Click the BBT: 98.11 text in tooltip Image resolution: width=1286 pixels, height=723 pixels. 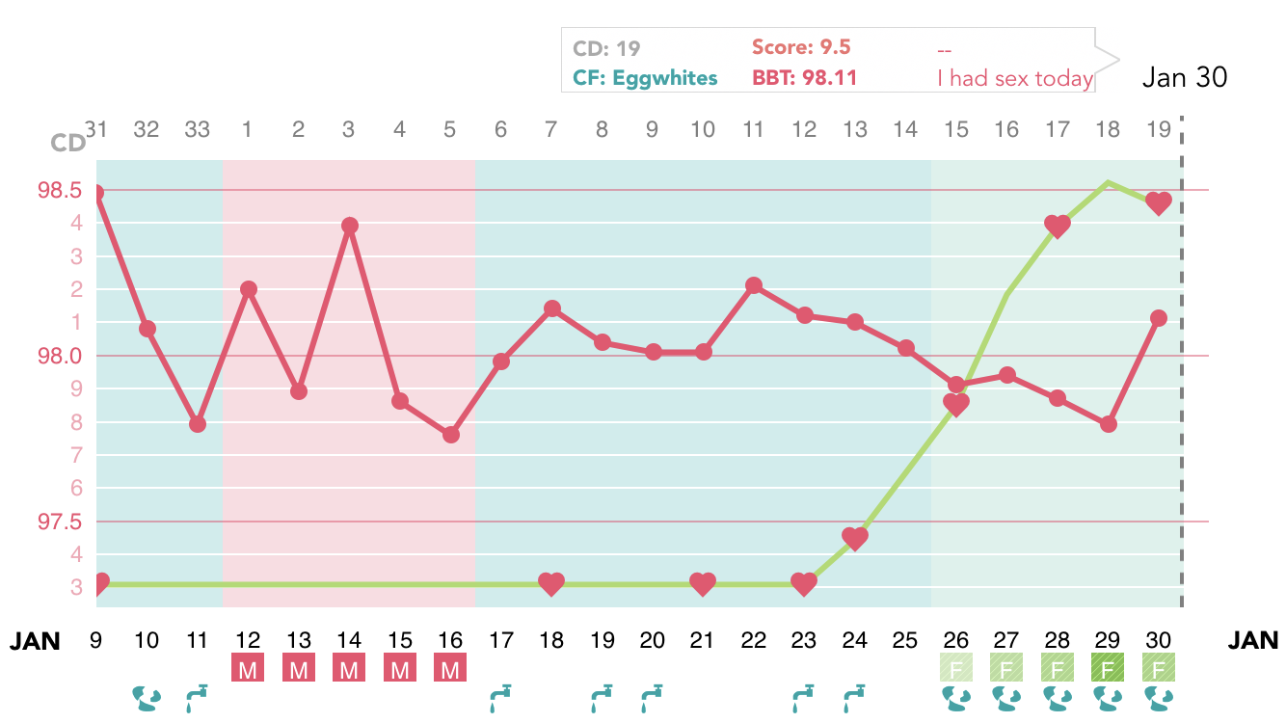804,78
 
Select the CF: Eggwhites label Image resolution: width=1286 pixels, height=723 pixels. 645,78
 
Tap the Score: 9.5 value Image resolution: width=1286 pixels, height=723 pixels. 801,47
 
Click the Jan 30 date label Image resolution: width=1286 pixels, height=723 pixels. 1185,78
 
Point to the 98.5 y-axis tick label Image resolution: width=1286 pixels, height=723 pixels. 59,190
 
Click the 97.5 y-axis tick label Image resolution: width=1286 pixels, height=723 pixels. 59,522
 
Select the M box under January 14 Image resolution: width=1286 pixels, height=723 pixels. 349,668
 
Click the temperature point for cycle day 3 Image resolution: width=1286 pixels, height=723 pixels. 350,226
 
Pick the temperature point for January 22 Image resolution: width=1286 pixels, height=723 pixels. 754,285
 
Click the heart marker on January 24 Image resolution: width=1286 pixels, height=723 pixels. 854,538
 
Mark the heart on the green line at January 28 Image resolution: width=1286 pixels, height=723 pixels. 1058,227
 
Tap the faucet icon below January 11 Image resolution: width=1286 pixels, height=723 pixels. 197,697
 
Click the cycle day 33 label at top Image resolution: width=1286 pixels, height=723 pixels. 197,129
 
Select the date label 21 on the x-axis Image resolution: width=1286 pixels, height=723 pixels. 703,640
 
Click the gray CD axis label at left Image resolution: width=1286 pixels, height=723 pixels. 67,144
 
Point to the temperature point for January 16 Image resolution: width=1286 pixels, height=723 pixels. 450,435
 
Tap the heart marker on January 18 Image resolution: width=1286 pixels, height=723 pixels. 551,583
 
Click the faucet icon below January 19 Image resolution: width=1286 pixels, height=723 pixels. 602,697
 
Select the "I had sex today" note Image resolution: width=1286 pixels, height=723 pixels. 1014,78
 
